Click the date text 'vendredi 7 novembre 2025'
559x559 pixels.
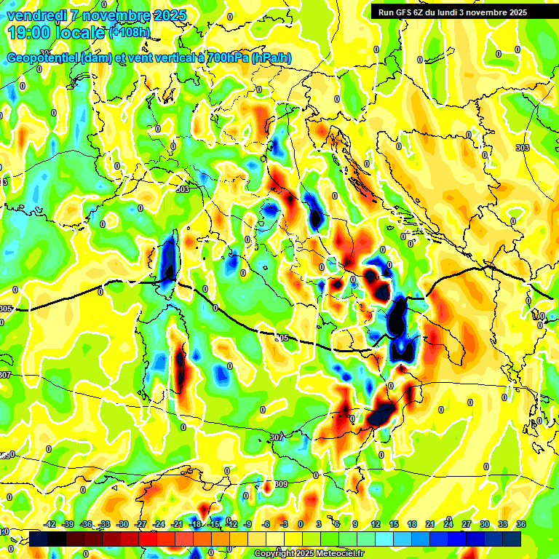[x=96, y=15]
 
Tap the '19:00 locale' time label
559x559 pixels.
[x=57, y=33]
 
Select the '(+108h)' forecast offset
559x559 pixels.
[x=131, y=32]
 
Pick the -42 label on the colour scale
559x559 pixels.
[x=50, y=524]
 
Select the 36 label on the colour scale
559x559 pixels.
[x=520, y=524]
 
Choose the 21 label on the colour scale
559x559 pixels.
[x=430, y=524]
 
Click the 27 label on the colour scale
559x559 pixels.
[x=467, y=524]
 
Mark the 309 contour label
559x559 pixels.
[x=282, y=483]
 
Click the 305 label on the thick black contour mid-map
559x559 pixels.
[x=282, y=338]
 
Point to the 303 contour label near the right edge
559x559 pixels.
[x=522, y=148]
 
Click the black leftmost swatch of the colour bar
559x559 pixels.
[x=39, y=539]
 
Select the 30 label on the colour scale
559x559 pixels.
[x=485, y=524]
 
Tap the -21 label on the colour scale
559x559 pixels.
[x=177, y=524]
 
